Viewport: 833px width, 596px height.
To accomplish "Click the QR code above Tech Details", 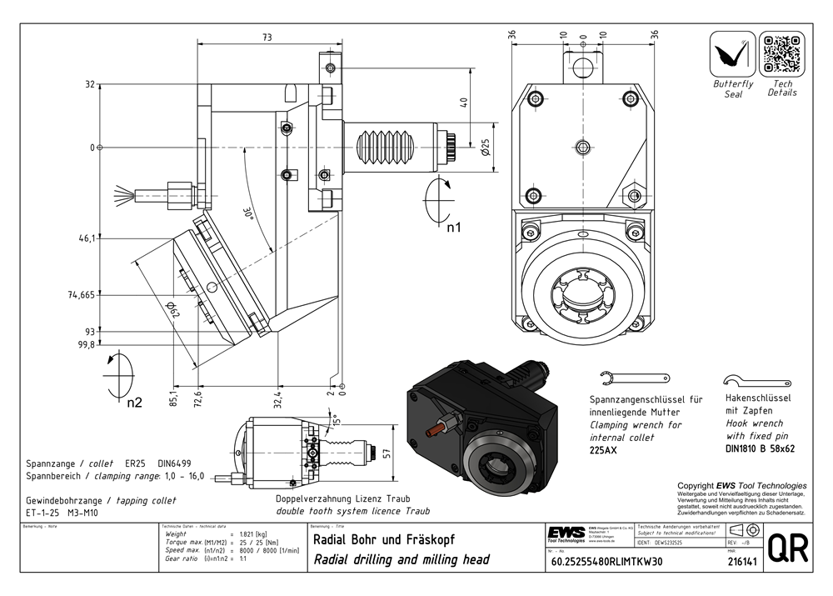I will tap(781, 54).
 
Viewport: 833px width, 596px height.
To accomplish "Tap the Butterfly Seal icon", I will tap(733, 55).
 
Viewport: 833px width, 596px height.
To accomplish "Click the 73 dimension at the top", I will tap(267, 37).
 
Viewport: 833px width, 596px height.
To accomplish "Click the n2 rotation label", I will tap(134, 403).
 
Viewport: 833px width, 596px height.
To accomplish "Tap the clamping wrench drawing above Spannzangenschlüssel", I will tap(635, 378).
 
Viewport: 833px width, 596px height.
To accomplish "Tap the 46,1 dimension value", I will tap(87, 238).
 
